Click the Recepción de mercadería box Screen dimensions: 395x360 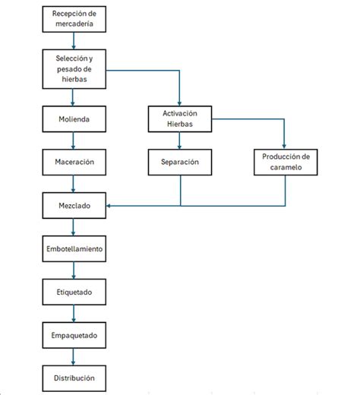point(74,19)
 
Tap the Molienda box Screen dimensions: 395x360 point(74,119)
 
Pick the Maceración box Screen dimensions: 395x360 point(74,162)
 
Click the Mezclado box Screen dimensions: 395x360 point(74,205)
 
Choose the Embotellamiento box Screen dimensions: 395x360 point(74,248)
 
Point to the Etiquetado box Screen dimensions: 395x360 point(74,291)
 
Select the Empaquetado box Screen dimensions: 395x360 point(74,334)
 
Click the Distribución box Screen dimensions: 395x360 point(74,378)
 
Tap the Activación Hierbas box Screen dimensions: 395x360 point(179,119)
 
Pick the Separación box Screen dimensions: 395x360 point(179,162)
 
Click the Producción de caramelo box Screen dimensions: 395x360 point(285,162)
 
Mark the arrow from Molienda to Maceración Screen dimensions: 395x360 point(74,141)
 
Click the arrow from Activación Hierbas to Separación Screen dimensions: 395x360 point(179,141)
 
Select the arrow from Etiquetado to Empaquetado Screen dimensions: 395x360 point(74,312)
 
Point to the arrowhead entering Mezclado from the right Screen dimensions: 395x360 point(110,205)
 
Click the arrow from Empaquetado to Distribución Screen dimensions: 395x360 point(74,355)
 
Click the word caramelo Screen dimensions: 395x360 point(285,167)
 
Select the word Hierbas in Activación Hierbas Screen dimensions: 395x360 point(179,125)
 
